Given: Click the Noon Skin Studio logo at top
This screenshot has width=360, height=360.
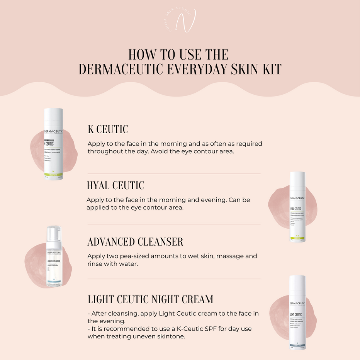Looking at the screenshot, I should pyautogui.click(x=180, y=21).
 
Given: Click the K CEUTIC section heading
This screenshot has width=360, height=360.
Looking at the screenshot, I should pyautogui.click(x=107, y=129).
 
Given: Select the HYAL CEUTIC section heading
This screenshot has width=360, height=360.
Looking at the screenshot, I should pyautogui.click(x=115, y=185).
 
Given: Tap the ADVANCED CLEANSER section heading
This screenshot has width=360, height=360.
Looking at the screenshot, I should pyautogui.click(x=135, y=242).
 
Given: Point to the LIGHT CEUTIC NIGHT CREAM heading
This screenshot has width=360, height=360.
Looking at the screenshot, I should pyautogui.click(x=150, y=299).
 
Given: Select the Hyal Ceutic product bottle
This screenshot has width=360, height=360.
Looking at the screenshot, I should pyautogui.click(x=297, y=207).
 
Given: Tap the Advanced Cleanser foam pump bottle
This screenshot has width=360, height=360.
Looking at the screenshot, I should pyautogui.click(x=54, y=257).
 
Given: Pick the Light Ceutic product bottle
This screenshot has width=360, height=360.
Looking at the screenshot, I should pyautogui.click(x=297, y=313).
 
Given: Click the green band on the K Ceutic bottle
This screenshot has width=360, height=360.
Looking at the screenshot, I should pyautogui.click(x=53, y=175).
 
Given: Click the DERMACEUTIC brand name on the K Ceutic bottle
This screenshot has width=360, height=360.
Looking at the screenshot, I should pyautogui.click(x=53, y=132).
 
